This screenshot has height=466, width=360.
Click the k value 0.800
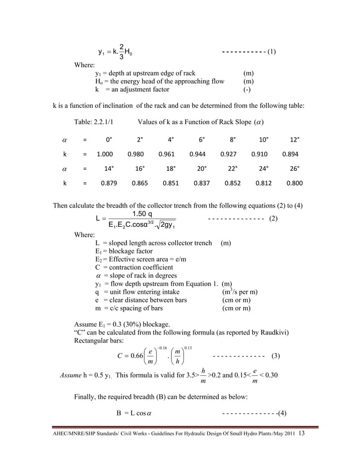click(294, 183)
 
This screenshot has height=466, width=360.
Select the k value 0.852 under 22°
click(232, 183)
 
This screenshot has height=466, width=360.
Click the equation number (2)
click(273, 218)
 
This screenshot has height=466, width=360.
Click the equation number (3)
click(276, 356)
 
